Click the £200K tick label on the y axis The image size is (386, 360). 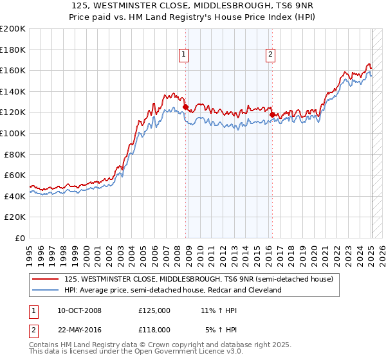pos(13,29)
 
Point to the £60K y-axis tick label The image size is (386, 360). pos(15,175)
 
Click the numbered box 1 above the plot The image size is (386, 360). pos(184,55)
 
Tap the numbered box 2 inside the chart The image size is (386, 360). pos(270,55)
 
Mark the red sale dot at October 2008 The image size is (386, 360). pos(186,107)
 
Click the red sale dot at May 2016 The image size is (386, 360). pos(272,115)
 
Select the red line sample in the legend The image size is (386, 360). pos(46,279)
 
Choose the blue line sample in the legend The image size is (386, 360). pos(46,290)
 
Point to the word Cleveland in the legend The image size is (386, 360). pos(265,290)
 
